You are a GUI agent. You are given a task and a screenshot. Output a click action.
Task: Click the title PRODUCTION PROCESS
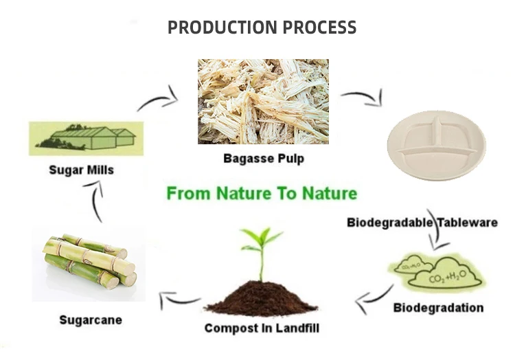tap(262, 28)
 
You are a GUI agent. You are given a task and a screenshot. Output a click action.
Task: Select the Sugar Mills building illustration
tap(86, 138)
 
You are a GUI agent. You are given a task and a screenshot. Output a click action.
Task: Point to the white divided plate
tap(436, 144)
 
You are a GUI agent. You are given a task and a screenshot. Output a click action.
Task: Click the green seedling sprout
tap(261, 251)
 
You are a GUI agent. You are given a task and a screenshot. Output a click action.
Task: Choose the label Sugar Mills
tap(80, 169)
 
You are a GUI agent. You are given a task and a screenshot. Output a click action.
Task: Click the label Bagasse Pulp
tap(264, 158)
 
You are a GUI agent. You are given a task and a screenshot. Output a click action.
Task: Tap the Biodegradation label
tap(438, 307)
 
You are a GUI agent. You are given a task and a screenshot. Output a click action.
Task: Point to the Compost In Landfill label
tap(262, 328)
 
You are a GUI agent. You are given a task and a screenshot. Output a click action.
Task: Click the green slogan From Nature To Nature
tap(262, 193)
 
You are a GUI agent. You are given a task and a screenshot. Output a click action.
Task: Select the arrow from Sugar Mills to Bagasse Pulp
tap(158, 100)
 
